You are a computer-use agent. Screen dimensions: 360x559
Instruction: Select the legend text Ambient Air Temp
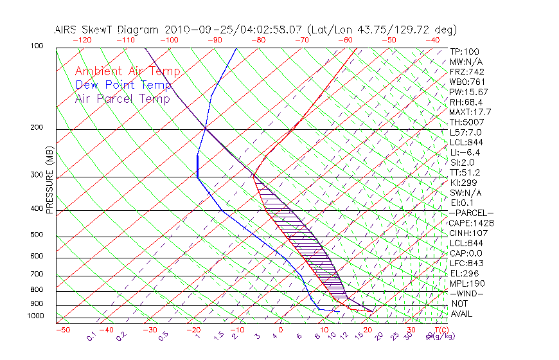click(127, 71)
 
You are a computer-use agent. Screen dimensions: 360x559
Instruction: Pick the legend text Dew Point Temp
click(123, 85)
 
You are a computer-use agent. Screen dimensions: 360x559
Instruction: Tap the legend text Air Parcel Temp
click(122, 98)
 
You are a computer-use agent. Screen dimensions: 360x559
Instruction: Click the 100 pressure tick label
click(37, 46)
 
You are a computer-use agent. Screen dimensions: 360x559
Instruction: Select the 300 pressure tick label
click(37, 175)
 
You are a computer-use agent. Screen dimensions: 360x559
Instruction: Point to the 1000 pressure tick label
click(35, 316)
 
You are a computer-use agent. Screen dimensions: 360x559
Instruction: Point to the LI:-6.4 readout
click(465, 152)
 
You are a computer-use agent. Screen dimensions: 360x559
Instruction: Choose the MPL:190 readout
click(466, 283)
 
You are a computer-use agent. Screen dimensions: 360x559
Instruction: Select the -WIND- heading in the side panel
click(466, 293)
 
